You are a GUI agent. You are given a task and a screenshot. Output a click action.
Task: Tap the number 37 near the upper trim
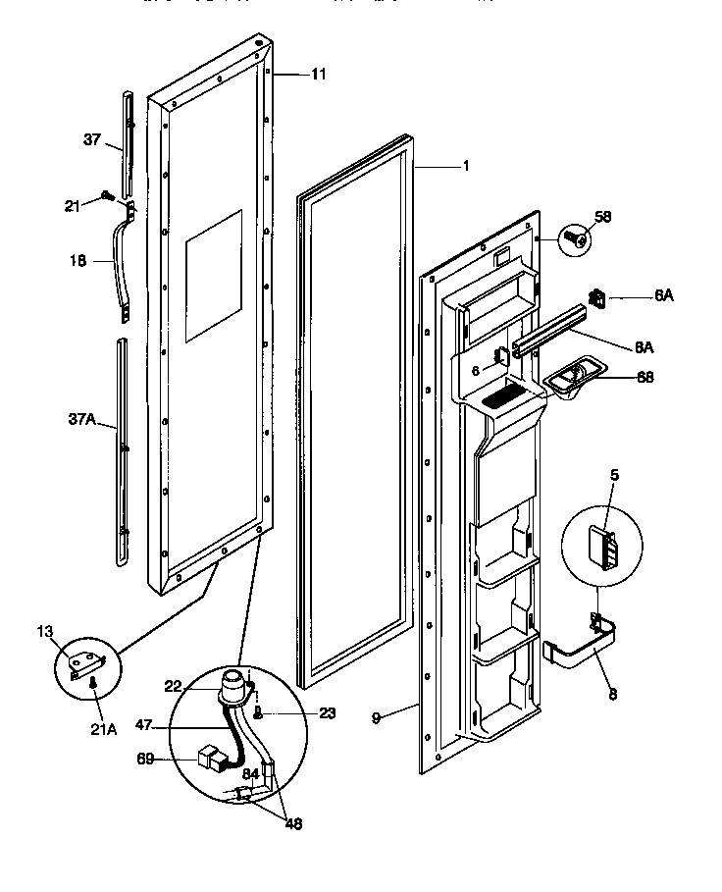click(90, 140)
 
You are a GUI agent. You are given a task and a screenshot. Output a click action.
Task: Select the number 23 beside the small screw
click(299, 713)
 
